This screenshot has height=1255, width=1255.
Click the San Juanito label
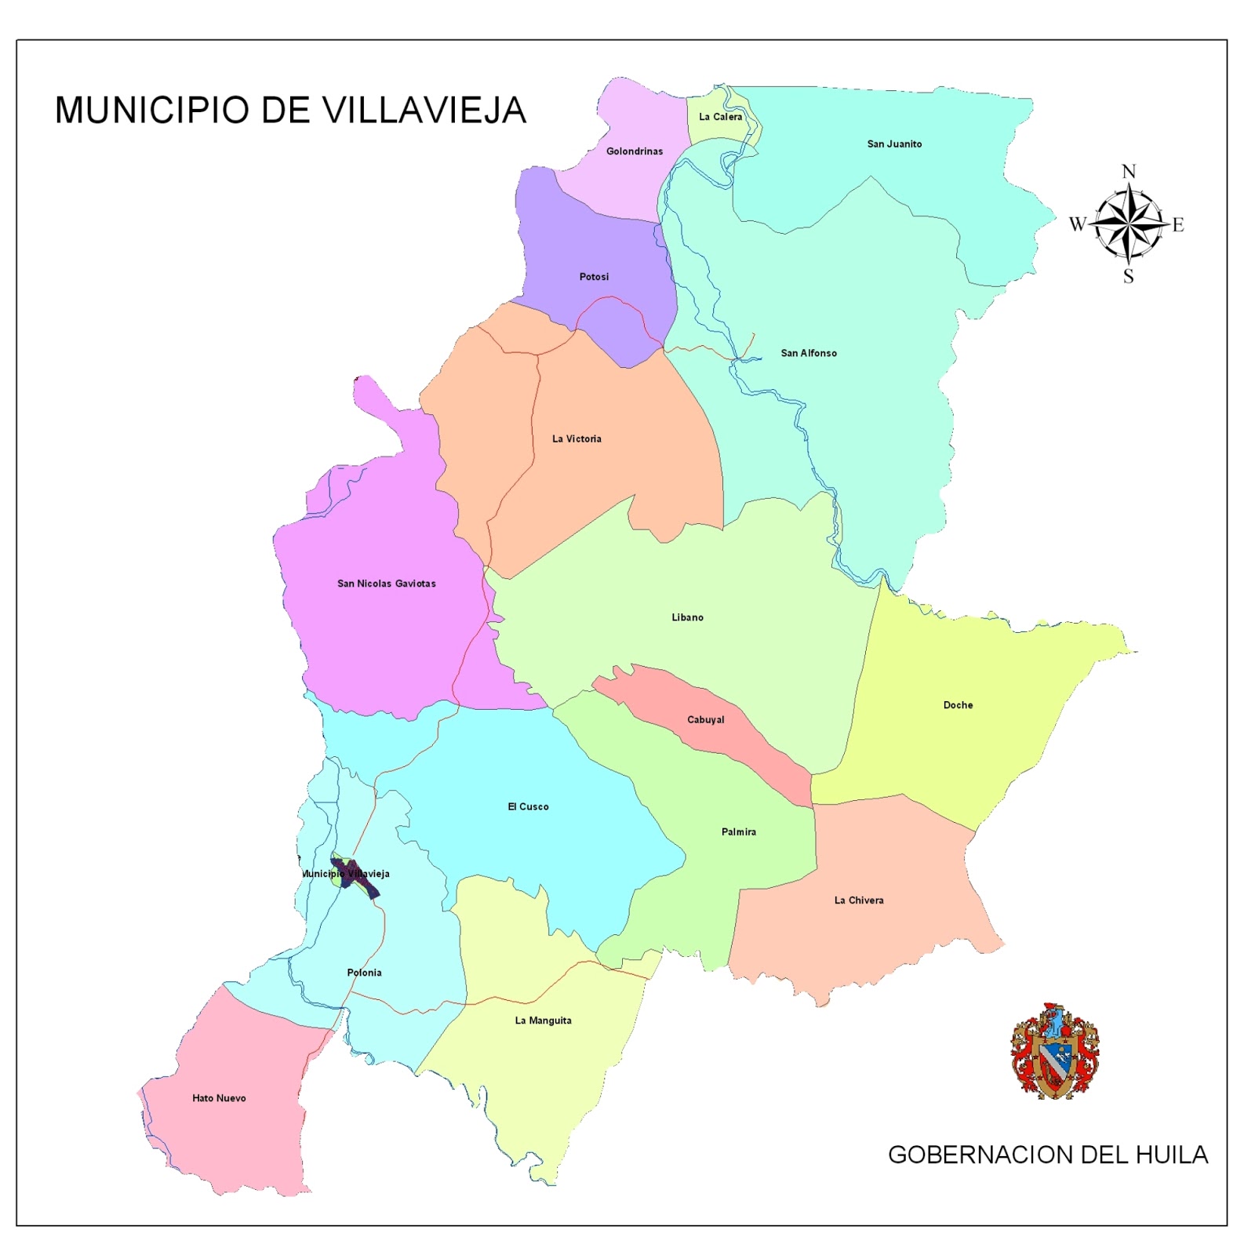pyautogui.click(x=894, y=144)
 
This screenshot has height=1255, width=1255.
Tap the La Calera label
pyautogui.click(x=720, y=117)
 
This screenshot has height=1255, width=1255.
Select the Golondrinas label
pyautogui.click(x=634, y=151)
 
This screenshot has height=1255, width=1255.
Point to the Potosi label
pyautogui.click(x=594, y=277)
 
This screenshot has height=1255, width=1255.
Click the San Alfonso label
pyautogui.click(x=809, y=354)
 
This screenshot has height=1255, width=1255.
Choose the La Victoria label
pyautogui.click(x=577, y=439)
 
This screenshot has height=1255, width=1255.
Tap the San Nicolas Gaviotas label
pyautogui.click(x=386, y=584)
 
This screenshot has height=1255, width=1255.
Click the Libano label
pyautogui.click(x=687, y=618)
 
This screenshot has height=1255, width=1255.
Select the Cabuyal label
pyautogui.click(x=705, y=720)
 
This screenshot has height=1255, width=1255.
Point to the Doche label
pyautogui.click(x=958, y=705)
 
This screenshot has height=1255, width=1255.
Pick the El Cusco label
pyautogui.click(x=528, y=807)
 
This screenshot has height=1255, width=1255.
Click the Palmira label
pyautogui.click(x=738, y=832)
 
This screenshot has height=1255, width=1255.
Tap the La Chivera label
pyautogui.click(x=858, y=900)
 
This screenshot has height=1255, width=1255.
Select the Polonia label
pyautogui.click(x=364, y=973)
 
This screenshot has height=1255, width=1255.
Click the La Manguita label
pyautogui.click(x=543, y=1020)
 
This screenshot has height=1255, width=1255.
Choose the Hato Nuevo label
pyautogui.click(x=219, y=1098)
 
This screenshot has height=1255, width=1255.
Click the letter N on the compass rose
pyautogui.click(x=1129, y=172)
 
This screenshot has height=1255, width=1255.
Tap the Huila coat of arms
pyautogui.click(x=1054, y=1051)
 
